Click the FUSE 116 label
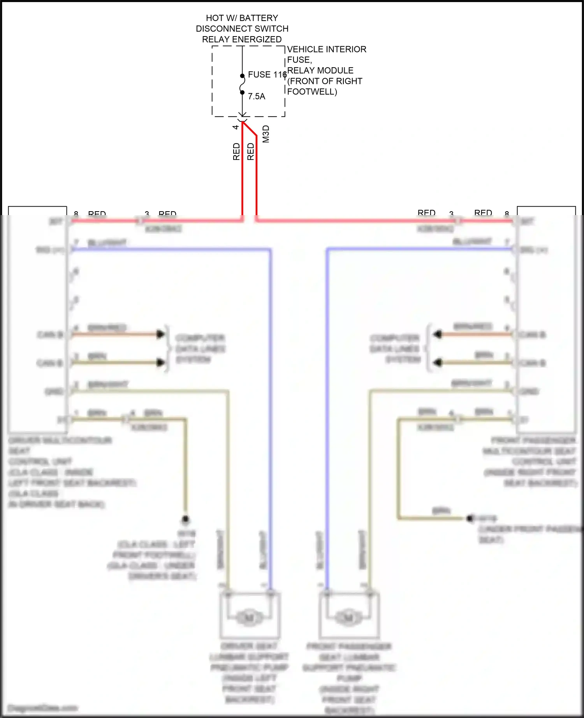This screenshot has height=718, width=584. click(267, 74)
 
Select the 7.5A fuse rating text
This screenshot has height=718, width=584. click(257, 96)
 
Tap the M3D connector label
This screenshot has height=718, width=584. click(266, 134)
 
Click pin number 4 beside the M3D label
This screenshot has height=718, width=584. click(236, 127)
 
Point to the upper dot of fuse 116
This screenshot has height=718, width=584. click(242, 76)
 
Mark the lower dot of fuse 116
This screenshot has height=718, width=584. click(242, 93)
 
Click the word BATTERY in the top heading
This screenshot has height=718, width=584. click(259, 18)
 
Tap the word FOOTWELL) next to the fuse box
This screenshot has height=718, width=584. click(312, 92)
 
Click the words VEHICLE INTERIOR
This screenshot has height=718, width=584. click(327, 49)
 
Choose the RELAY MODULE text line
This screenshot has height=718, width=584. click(320, 70)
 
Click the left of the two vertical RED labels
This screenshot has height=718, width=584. click(236, 152)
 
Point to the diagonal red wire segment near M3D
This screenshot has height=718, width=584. click(250, 129)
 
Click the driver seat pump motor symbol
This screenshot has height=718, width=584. click(249, 617)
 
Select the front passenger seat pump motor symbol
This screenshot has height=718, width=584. click(348, 617)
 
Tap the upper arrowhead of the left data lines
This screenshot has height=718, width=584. click(160, 334)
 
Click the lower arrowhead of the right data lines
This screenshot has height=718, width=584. click(438, 363)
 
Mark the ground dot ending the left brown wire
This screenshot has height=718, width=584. click(186, 519)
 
